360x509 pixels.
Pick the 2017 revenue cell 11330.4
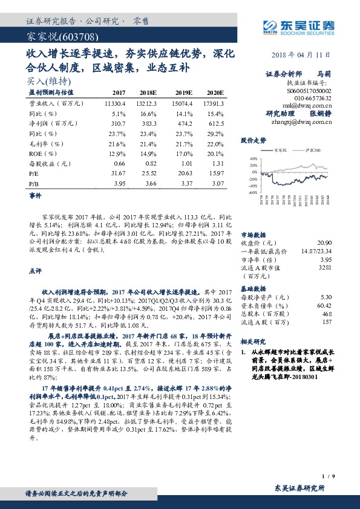[113, 103]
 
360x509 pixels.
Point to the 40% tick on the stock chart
[253, 159]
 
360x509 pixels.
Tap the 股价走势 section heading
[254, 140]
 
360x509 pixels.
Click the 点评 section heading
[35, 271]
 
